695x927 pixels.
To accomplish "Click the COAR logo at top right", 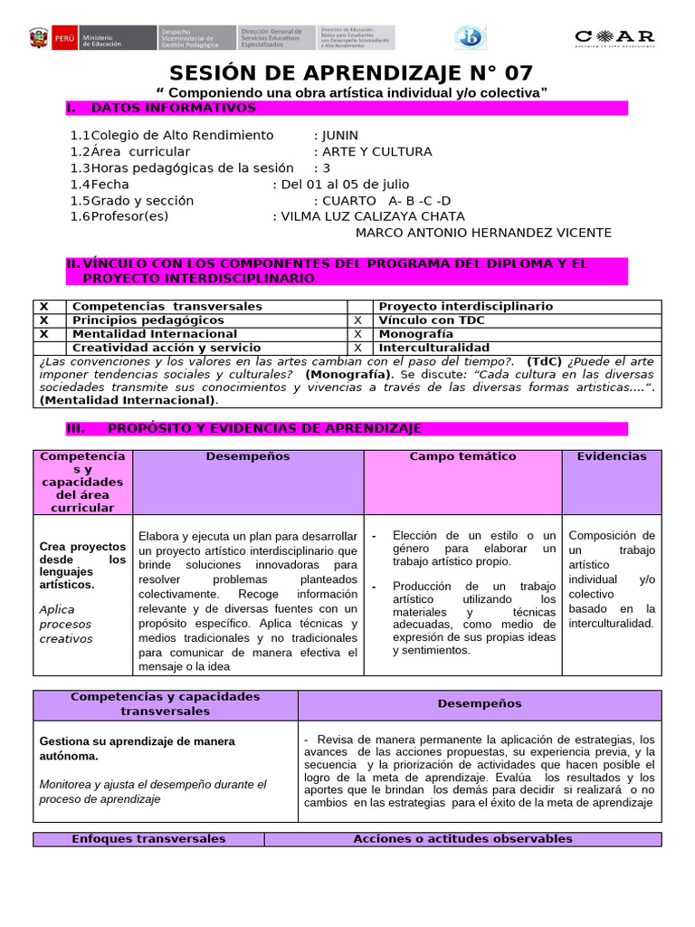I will coord(614,37).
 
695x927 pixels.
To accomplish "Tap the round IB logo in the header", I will coord(470,37).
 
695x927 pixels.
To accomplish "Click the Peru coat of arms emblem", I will coord(39,38).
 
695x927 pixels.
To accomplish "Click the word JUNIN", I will coord(340,135).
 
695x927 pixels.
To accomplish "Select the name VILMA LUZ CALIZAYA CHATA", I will coord(373,216).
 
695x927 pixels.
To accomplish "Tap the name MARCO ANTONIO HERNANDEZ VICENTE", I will coord(483,233).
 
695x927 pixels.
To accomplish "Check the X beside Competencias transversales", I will coord(43,307).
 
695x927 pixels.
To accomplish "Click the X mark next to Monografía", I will coord(357,334).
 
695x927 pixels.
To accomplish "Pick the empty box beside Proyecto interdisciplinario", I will coord(358,307).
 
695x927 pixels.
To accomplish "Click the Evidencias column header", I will coord(612,457).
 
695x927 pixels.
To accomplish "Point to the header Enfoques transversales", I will coord(148,839).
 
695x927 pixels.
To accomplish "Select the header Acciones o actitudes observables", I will coord(462,839).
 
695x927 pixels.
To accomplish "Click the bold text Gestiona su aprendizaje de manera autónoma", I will coord(137,748).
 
